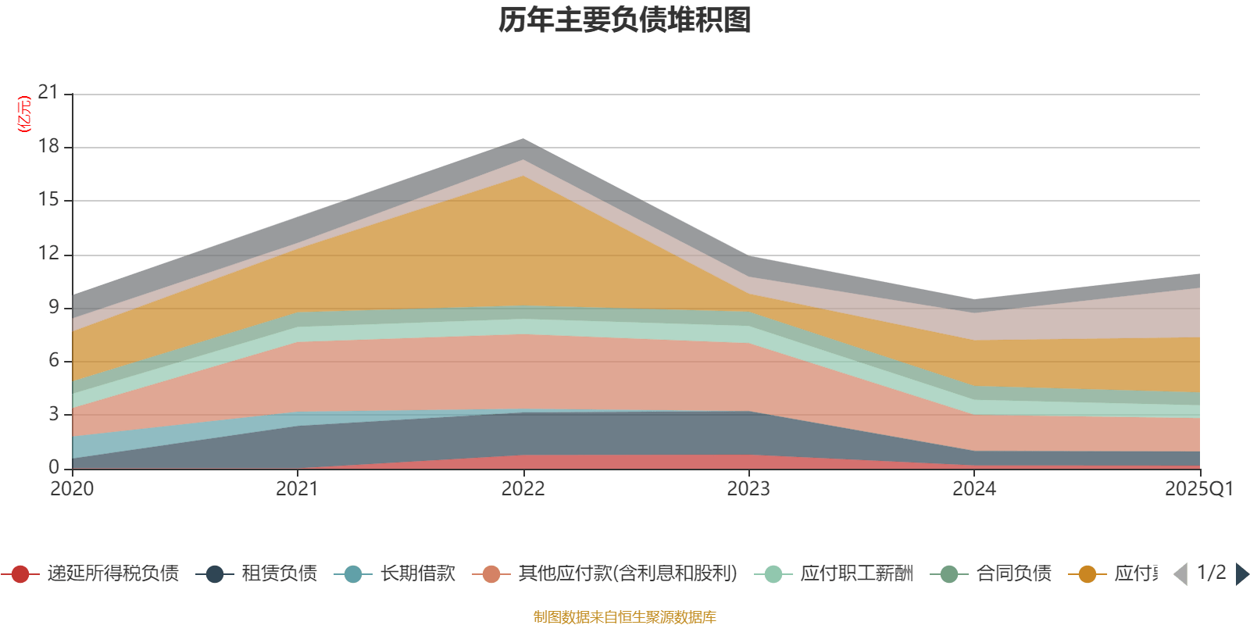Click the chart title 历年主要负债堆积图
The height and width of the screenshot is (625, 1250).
pos(625,20)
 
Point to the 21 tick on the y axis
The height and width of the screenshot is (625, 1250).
pos(48,93)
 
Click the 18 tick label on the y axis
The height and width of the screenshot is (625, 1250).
pos(48,147)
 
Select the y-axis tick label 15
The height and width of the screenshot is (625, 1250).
pos(48,200)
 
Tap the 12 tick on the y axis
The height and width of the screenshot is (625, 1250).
pos(48,254)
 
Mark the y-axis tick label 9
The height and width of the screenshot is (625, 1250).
pos(53,307)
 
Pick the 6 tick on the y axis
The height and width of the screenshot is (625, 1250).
pos(53,360)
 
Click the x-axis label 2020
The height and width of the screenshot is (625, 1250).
pos(72,489)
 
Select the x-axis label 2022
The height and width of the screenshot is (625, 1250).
pos(523,489)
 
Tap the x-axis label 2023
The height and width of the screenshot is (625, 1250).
pos(748,489)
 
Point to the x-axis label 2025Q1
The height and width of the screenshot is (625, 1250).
pos(1198,489)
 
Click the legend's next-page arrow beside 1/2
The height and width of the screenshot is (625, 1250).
pos(1241,574)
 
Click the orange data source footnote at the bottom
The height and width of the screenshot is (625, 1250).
pos(625,617)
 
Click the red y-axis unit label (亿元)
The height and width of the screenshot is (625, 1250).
pos(24,114)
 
